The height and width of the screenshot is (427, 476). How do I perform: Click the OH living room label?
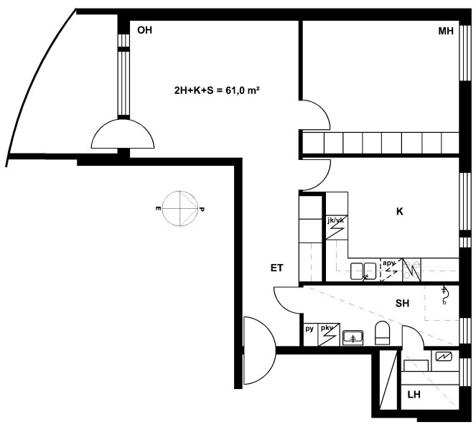pos(144,30)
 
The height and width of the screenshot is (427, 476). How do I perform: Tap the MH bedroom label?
pos(446,31)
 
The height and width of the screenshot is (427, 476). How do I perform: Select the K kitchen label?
pos(400,212)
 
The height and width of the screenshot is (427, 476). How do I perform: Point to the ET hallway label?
pos(277,268)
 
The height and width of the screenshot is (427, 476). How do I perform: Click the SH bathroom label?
pos(402,303)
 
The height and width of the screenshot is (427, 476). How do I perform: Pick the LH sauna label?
pos(414,395)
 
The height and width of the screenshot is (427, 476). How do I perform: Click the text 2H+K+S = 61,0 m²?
pos(217,90)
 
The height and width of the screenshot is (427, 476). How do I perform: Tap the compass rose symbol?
pos(180,209)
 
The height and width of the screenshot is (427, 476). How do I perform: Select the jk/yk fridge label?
pos(336,220)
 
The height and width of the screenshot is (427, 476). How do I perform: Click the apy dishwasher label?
pos(389,263)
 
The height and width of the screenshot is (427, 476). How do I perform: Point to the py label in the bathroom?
pos(309,329)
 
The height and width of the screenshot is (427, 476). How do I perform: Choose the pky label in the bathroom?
pos(327,328)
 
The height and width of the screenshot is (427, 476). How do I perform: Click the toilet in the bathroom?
pos(383,333)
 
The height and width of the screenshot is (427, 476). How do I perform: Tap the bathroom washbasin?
pos(353,338)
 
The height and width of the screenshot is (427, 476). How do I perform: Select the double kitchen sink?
pos(363,271)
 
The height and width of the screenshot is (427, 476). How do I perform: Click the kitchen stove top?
pos(411,270)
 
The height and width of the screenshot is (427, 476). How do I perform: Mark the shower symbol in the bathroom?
pos(444,295)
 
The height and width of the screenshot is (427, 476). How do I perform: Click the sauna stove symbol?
pos(443,357)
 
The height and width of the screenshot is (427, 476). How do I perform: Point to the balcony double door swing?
pos(123,133)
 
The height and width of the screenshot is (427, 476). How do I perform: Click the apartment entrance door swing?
pos(260,350)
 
